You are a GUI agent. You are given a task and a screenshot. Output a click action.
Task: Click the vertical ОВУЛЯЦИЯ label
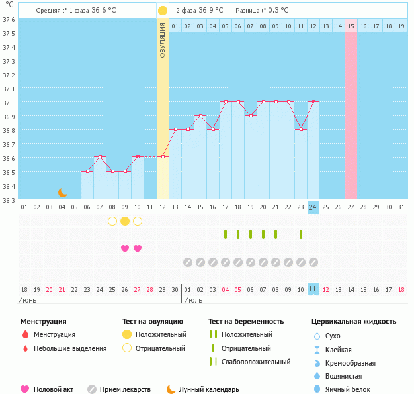coord(163,40)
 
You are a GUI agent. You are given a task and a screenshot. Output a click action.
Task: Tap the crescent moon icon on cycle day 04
coord(63,192)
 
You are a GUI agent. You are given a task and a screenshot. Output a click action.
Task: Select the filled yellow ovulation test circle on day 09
coord(125,221)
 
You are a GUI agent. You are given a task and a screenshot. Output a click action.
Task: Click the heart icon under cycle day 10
coord(138,248)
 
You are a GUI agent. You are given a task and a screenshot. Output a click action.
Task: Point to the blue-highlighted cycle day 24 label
coord(313,207)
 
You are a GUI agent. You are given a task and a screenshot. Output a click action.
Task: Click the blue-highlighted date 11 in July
coord(313,289)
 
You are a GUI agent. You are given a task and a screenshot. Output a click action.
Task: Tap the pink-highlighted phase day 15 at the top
coord(351,26)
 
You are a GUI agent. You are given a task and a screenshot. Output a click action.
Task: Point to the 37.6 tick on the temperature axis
coord(9,19)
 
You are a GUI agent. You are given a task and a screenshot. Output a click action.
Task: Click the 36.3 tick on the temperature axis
coord(9,199)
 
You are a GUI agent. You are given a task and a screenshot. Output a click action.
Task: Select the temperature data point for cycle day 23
coord(300,130)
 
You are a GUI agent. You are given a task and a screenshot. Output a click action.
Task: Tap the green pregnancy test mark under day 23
coord(300,234)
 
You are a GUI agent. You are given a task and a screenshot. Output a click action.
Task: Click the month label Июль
coord(193,300)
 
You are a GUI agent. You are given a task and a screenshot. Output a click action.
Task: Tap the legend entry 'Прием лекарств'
coord(125,389)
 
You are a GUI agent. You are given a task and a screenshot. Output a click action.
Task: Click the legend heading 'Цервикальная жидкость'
coord(354,322)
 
